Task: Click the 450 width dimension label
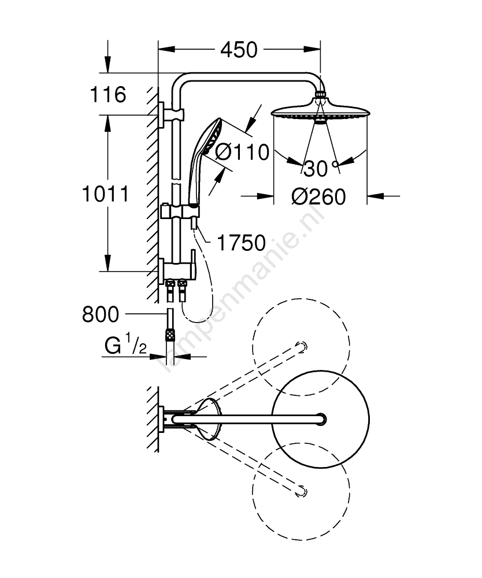239,50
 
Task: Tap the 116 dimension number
108,95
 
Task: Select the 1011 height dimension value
105,194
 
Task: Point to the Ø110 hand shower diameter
242,152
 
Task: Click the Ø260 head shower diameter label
318,197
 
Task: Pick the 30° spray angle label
321,169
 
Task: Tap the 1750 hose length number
242,243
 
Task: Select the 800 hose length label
101,314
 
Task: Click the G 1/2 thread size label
125,344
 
